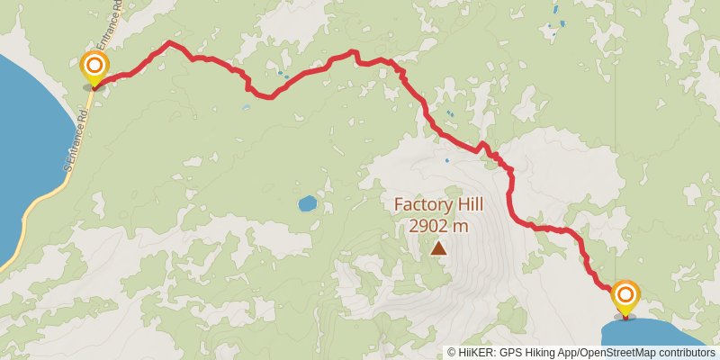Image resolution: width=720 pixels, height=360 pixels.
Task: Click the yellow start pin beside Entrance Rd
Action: click(94, 67)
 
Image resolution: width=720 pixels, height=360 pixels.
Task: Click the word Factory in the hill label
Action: click(425, 205)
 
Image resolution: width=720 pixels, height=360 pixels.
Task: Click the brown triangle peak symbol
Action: click(438, 248)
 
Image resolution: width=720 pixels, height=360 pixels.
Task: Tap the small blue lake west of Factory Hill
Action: click(307, 203)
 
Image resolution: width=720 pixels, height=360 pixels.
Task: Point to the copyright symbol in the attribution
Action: click(452, 353)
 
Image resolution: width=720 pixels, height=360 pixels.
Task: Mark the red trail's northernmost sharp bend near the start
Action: click(168, 42)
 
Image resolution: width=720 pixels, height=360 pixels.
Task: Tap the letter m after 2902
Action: click(461, 226)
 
